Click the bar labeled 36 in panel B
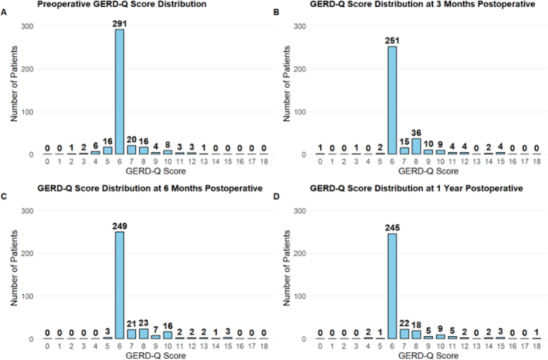(416, 146)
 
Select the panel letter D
(278, 189)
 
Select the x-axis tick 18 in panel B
(535, 162)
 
